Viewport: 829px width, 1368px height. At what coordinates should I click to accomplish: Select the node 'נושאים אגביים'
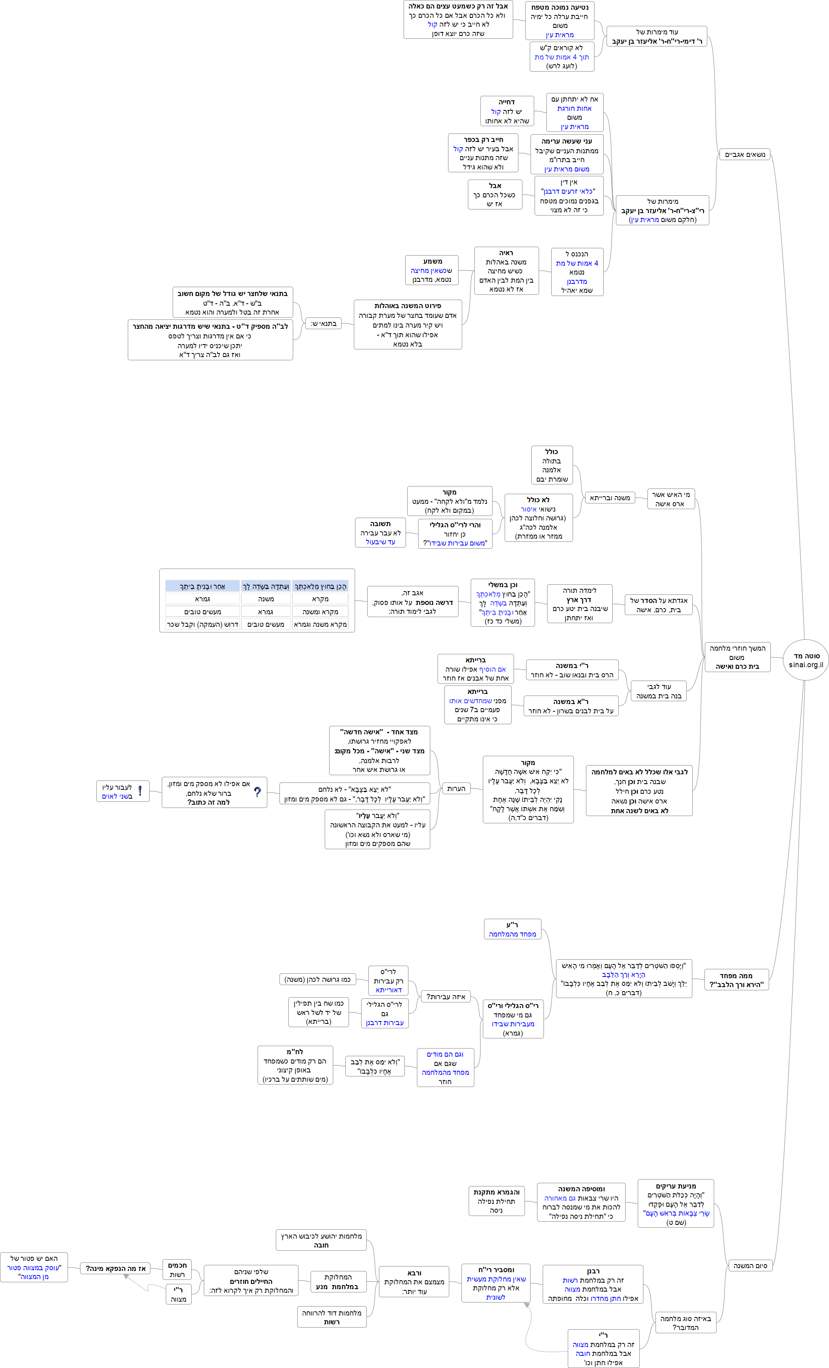744,154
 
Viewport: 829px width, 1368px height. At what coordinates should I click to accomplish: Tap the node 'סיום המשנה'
750,1265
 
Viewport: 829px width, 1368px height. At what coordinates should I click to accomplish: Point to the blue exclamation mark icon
140,791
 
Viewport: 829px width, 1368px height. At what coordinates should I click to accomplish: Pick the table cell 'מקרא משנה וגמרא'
320,624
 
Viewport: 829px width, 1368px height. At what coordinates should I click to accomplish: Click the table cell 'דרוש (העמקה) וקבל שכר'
203,624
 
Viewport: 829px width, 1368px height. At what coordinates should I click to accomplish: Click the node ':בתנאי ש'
323,323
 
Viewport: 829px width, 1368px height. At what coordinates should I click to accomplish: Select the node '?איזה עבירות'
445,996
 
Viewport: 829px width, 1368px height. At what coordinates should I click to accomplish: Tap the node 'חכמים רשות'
177,1270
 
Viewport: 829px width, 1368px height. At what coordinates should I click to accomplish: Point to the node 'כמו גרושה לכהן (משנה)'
317,979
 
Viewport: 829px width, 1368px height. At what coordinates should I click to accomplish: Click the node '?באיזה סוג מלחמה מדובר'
685,1322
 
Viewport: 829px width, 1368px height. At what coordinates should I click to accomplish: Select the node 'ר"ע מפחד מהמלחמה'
512,929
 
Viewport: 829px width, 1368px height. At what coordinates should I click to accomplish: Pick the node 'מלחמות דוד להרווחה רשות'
332,1317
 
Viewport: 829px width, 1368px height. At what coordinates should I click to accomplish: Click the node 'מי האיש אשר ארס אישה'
671,499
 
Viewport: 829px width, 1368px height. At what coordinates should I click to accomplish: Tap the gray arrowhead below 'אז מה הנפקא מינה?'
127,1277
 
